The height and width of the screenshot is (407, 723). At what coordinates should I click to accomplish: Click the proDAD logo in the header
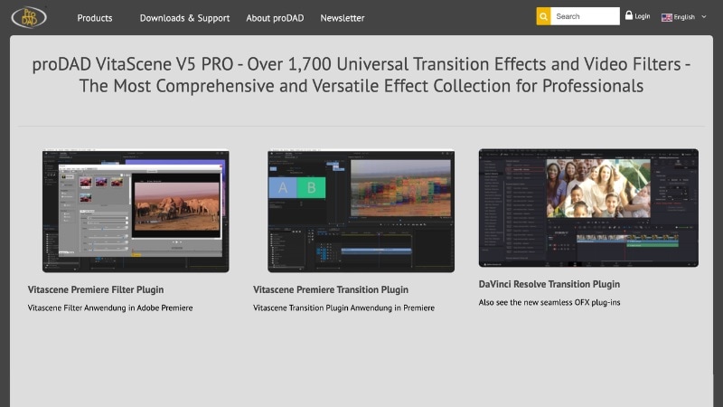[29, 17]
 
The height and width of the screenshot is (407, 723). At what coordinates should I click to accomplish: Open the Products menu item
[95, 18]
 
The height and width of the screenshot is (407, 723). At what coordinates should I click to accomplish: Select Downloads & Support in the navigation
[184, 18]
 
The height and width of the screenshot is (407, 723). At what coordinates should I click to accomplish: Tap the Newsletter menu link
[343, 18]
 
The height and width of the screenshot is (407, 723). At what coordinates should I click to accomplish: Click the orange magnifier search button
[543, 16]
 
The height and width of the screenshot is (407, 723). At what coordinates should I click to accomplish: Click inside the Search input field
[585, 16]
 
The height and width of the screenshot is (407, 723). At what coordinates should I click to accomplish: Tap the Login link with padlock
[637, 16]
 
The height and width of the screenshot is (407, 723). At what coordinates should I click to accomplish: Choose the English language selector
[684, 17]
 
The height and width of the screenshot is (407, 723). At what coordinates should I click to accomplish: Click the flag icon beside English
[667, 17]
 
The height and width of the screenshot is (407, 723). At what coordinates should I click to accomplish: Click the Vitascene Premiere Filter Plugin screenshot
[136, 211]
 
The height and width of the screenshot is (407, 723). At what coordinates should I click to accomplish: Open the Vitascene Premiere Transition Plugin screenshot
[361, 211]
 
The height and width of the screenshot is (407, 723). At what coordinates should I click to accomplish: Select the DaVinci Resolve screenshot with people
[588, 207]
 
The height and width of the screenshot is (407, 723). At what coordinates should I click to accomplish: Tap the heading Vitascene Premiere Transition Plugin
[331, 289]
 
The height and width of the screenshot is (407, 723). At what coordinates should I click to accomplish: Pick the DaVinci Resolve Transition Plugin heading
[549, 284]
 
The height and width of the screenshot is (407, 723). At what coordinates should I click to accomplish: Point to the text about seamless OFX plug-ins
[549, 302]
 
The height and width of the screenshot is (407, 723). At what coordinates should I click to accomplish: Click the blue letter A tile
[283, 187]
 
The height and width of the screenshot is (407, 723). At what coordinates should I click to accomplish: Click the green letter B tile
[312, 187]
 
